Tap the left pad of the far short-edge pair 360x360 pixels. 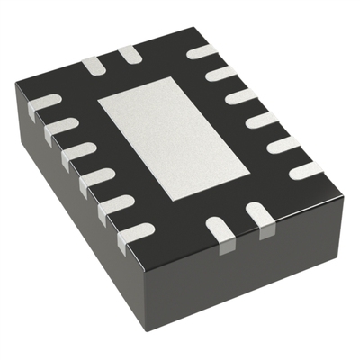pos(93,65)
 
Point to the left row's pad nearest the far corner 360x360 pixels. pos(45,106)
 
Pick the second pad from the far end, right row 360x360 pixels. pos(221,73)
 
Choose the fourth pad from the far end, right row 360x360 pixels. pos(262,119)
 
